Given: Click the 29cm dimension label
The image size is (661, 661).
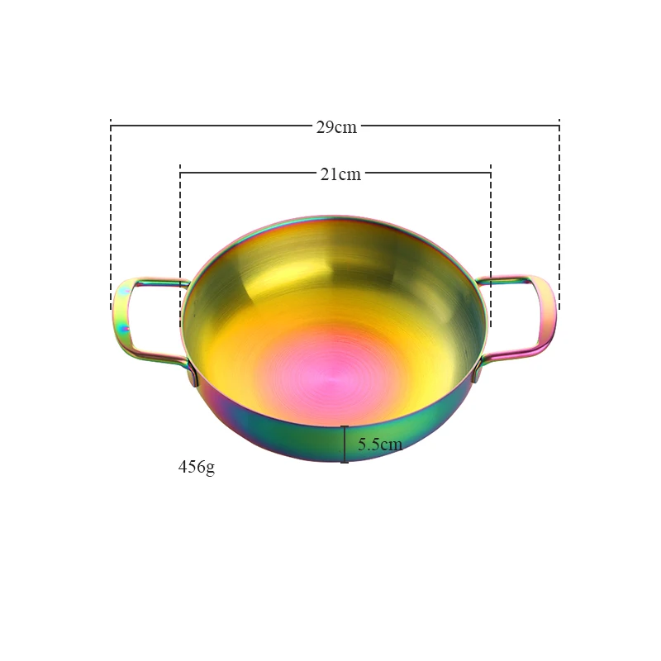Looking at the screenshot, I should click(335, 126).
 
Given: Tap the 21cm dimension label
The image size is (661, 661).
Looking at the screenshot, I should click(340, 174).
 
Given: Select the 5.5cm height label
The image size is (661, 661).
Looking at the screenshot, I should click(379, 445).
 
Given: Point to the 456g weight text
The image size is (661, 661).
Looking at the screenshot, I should click(197, 467).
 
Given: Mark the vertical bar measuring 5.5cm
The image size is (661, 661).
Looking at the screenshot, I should click(345, 444).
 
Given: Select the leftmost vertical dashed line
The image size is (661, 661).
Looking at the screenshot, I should click(111, 215).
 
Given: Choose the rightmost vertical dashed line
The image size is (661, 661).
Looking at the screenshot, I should click(559, 215).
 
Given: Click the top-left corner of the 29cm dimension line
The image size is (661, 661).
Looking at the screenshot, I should click(111, 126).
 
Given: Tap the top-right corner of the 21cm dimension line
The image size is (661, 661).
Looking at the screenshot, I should click(491, 173).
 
